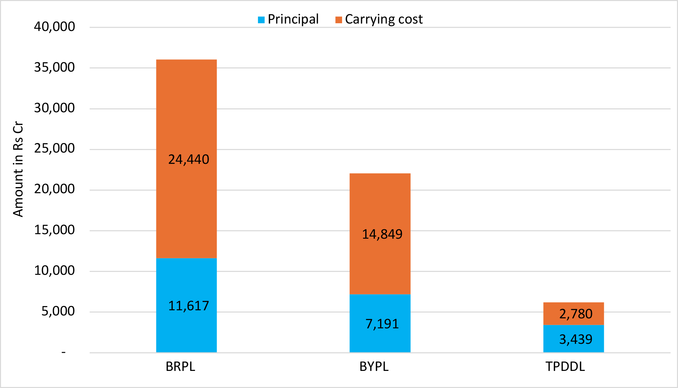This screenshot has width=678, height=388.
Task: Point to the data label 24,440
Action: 189,160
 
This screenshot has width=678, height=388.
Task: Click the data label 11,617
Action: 189,306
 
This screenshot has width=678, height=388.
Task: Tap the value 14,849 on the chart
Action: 382,234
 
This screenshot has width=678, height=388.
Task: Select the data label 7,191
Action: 382,324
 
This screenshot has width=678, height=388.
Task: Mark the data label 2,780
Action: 576,314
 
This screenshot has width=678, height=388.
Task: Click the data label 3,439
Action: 576,339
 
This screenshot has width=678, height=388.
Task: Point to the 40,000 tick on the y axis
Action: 54,27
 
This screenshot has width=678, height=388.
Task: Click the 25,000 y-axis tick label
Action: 54,149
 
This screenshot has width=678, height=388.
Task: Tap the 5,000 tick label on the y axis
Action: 58,311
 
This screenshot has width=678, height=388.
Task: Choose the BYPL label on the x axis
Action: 374,367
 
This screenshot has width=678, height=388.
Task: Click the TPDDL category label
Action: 565,367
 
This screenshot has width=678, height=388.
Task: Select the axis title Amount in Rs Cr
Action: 18,169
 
